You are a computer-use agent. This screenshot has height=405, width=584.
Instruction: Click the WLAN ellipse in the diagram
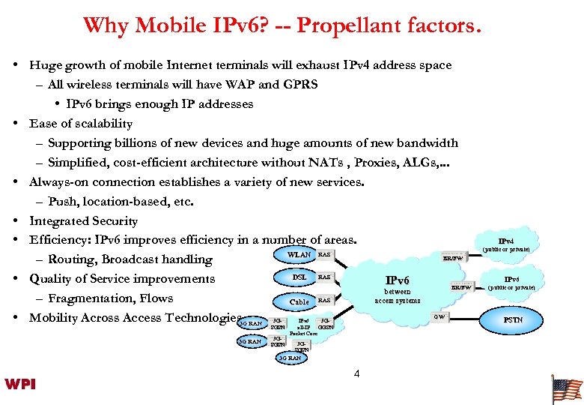[299, 255]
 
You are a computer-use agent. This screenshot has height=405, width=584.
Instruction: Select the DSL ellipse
[299, 277]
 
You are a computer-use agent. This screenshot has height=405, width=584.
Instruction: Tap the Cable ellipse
[299, 301]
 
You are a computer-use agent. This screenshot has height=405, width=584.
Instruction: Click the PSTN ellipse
[513, 319]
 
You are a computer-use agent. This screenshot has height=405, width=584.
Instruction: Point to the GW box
[441, 317]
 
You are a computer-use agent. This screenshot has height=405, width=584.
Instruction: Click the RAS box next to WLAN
[324, 255]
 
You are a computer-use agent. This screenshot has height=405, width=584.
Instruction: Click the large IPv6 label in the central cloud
[397, 280]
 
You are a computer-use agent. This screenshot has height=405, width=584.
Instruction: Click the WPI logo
[20, 384]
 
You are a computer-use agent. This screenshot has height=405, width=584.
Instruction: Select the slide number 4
[356, 373]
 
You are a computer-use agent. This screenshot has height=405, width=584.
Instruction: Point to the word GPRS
[300, 85]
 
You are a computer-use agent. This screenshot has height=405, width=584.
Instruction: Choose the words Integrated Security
[83, 221]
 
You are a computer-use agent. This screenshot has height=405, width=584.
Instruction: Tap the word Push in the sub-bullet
[62, 202]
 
